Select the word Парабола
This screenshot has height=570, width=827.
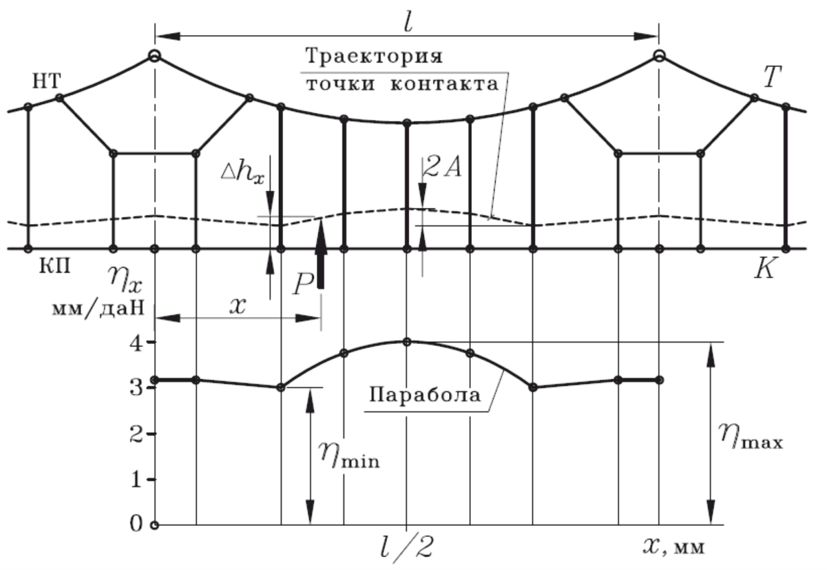[425, 395]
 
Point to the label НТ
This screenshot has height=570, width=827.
[45, 80]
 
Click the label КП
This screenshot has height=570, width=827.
[54, 266]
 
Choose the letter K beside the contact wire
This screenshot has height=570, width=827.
[764, 267]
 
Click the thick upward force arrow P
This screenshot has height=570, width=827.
[320, 254]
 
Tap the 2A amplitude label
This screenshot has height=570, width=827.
[442, 167]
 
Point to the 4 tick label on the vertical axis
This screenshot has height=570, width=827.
[137, 342]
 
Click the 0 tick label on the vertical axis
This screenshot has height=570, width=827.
[137, 524]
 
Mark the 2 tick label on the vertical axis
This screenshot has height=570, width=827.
[137, 434]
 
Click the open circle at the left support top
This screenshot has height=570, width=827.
[155, 57]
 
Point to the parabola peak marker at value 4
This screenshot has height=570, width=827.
[407, 342]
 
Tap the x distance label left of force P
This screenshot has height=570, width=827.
[239, 306]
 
